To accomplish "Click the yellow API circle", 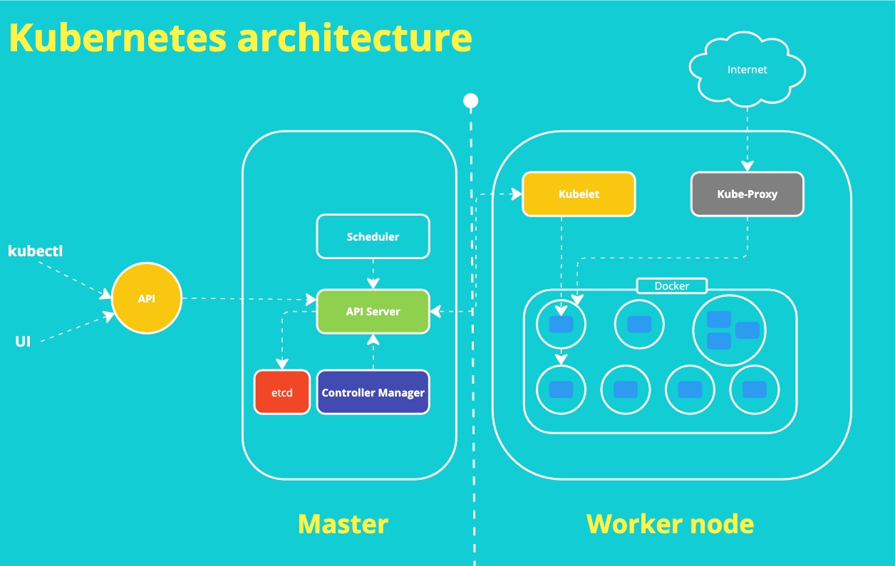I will [147, 299].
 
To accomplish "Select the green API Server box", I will [373, 311].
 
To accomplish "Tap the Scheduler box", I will [373, 236].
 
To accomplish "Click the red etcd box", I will [282, 392].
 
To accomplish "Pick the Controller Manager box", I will [373, 392].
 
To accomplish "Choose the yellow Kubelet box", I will [578, 194].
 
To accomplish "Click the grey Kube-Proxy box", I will [747, 194].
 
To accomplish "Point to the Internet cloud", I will [747, 70].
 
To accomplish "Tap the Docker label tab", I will [671, 286].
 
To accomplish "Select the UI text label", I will [23, 342].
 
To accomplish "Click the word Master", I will [343, 524].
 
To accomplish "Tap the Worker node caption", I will [670, 524].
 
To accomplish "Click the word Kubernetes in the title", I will [118, 38].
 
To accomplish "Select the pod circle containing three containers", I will [728, 329].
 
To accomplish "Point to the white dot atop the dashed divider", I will [470, 101].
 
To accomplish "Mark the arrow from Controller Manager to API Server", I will [373, 352].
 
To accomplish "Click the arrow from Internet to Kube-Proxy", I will [747, 139].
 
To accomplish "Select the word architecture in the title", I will [354, 38].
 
